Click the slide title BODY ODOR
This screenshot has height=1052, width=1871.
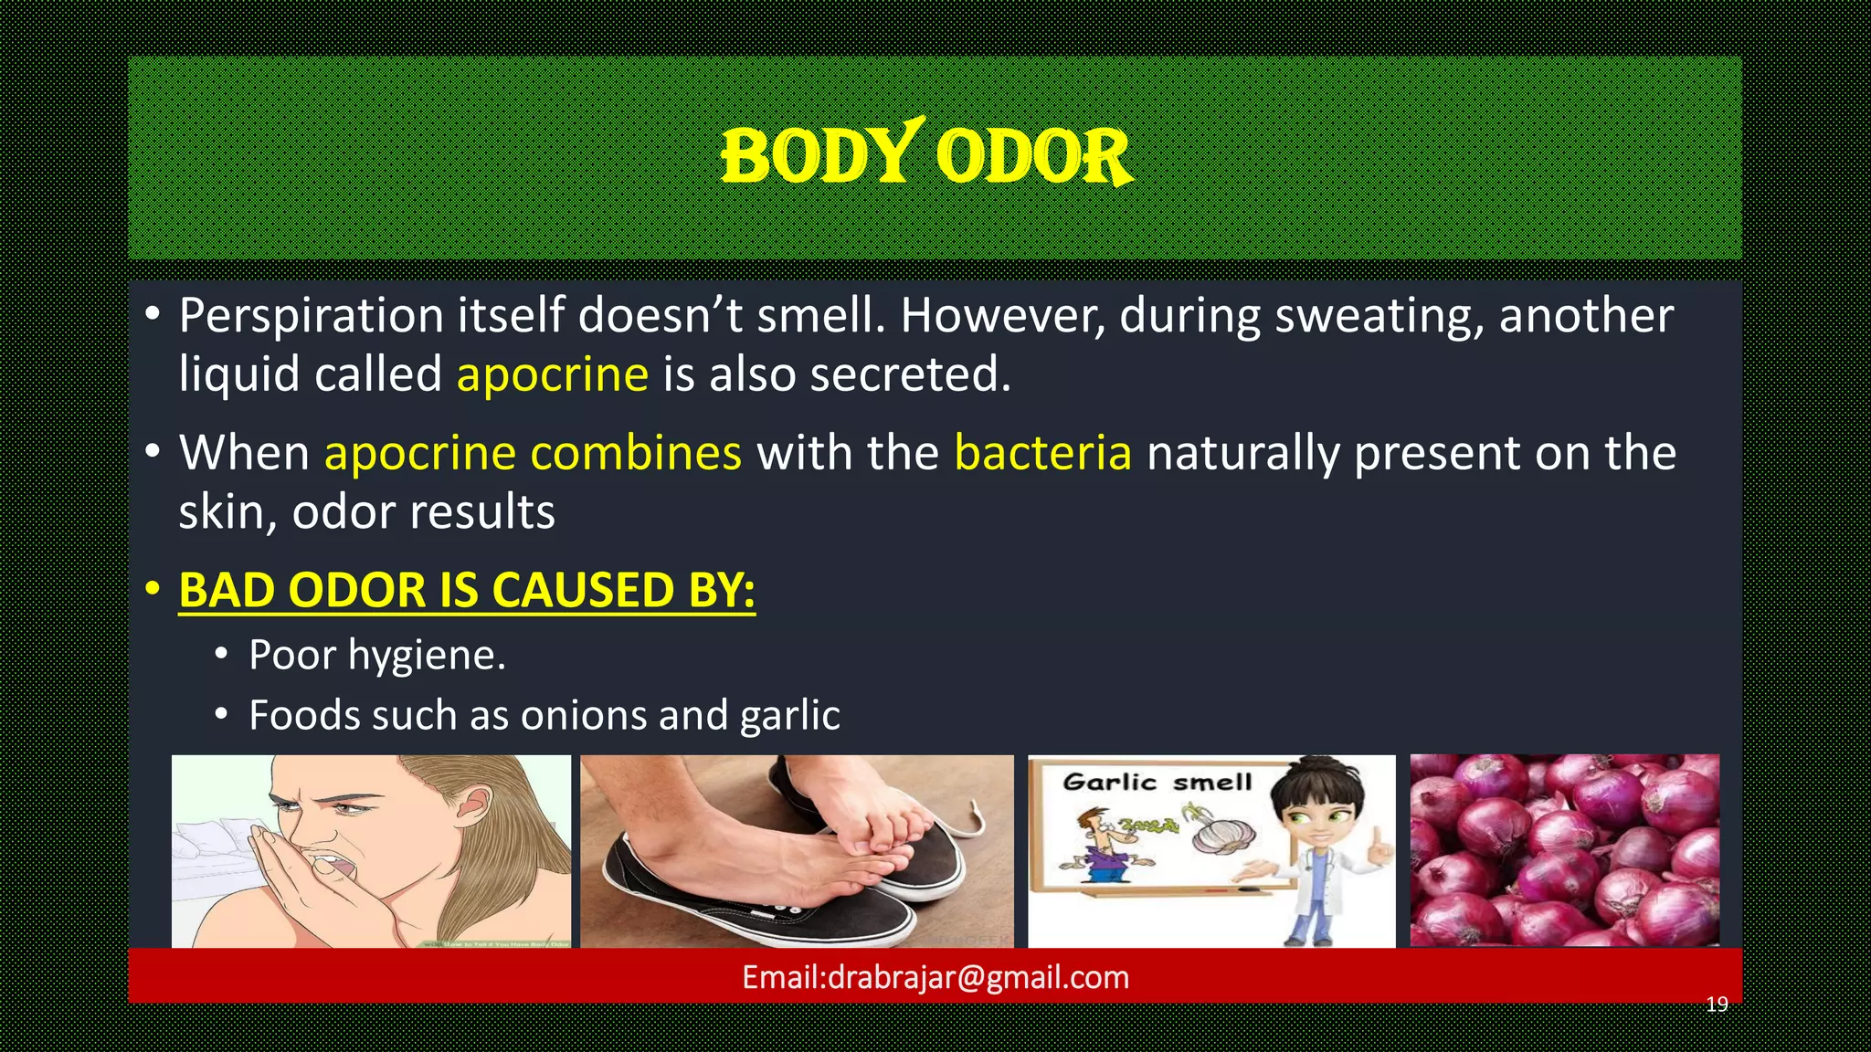(x=926, y=156)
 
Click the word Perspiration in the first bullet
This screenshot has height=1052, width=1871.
(x=311, y=316)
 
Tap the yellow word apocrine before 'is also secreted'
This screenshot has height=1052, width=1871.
(x=552, y=374)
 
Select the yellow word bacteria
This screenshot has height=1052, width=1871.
(x=1042, y=453)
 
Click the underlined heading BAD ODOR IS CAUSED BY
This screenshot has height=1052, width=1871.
(x=466, y=590)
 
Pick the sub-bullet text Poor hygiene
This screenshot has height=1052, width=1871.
(x=376, y=656)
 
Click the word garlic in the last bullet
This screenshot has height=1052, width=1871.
(x=789, y=715)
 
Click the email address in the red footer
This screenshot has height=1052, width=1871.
(x=935, y=978)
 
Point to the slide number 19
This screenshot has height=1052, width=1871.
(x=1717, y=1005)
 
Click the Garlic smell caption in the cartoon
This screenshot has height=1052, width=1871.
(x=1157, y=783)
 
